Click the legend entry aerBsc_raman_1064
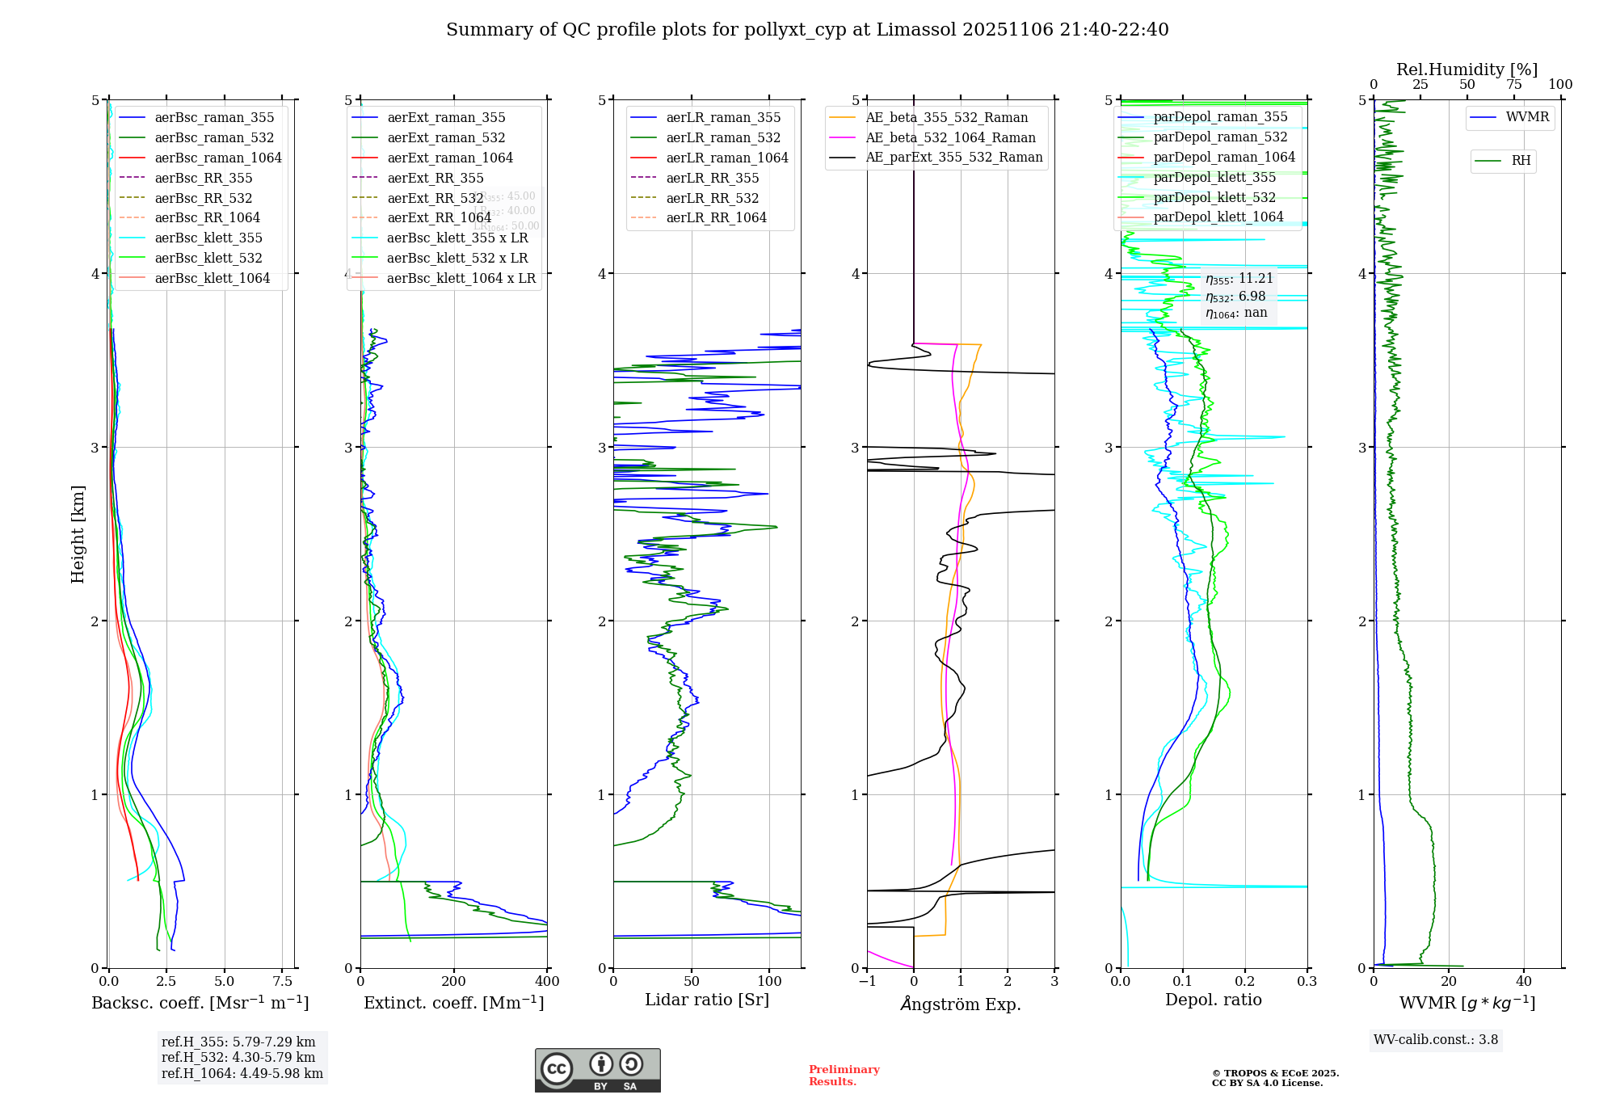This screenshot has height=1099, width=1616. [x=218, y=158]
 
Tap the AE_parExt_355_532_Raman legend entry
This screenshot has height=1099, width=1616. [x=953, y=158]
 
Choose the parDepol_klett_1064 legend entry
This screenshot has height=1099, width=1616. [x=1218, y=217]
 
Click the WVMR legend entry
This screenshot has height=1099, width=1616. [x=1527, y=117]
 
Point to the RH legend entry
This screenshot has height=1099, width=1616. [x=1521, y=161]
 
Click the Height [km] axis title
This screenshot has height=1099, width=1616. [x=78, y=533]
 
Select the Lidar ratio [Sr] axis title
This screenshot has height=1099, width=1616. [x=707, y=1000]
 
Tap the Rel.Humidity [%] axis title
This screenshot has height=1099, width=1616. [x=1467, y=69]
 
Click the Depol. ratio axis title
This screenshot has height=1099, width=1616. [x=1213, y=1000]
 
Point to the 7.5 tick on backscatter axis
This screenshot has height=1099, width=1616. [x=282, y=982]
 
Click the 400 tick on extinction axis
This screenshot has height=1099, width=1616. [x=547, y=982]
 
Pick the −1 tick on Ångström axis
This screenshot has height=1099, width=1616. [x=867, y=982]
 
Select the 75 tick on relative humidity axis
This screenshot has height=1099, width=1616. [x=1513, y=85]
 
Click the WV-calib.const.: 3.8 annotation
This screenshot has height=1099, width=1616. [x=1436, y=1040]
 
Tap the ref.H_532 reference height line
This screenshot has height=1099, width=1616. [x=238, y=1057]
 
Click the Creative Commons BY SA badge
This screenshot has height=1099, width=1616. [x=597, y=1070]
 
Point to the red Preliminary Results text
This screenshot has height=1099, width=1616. [x=844, y=1076]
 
